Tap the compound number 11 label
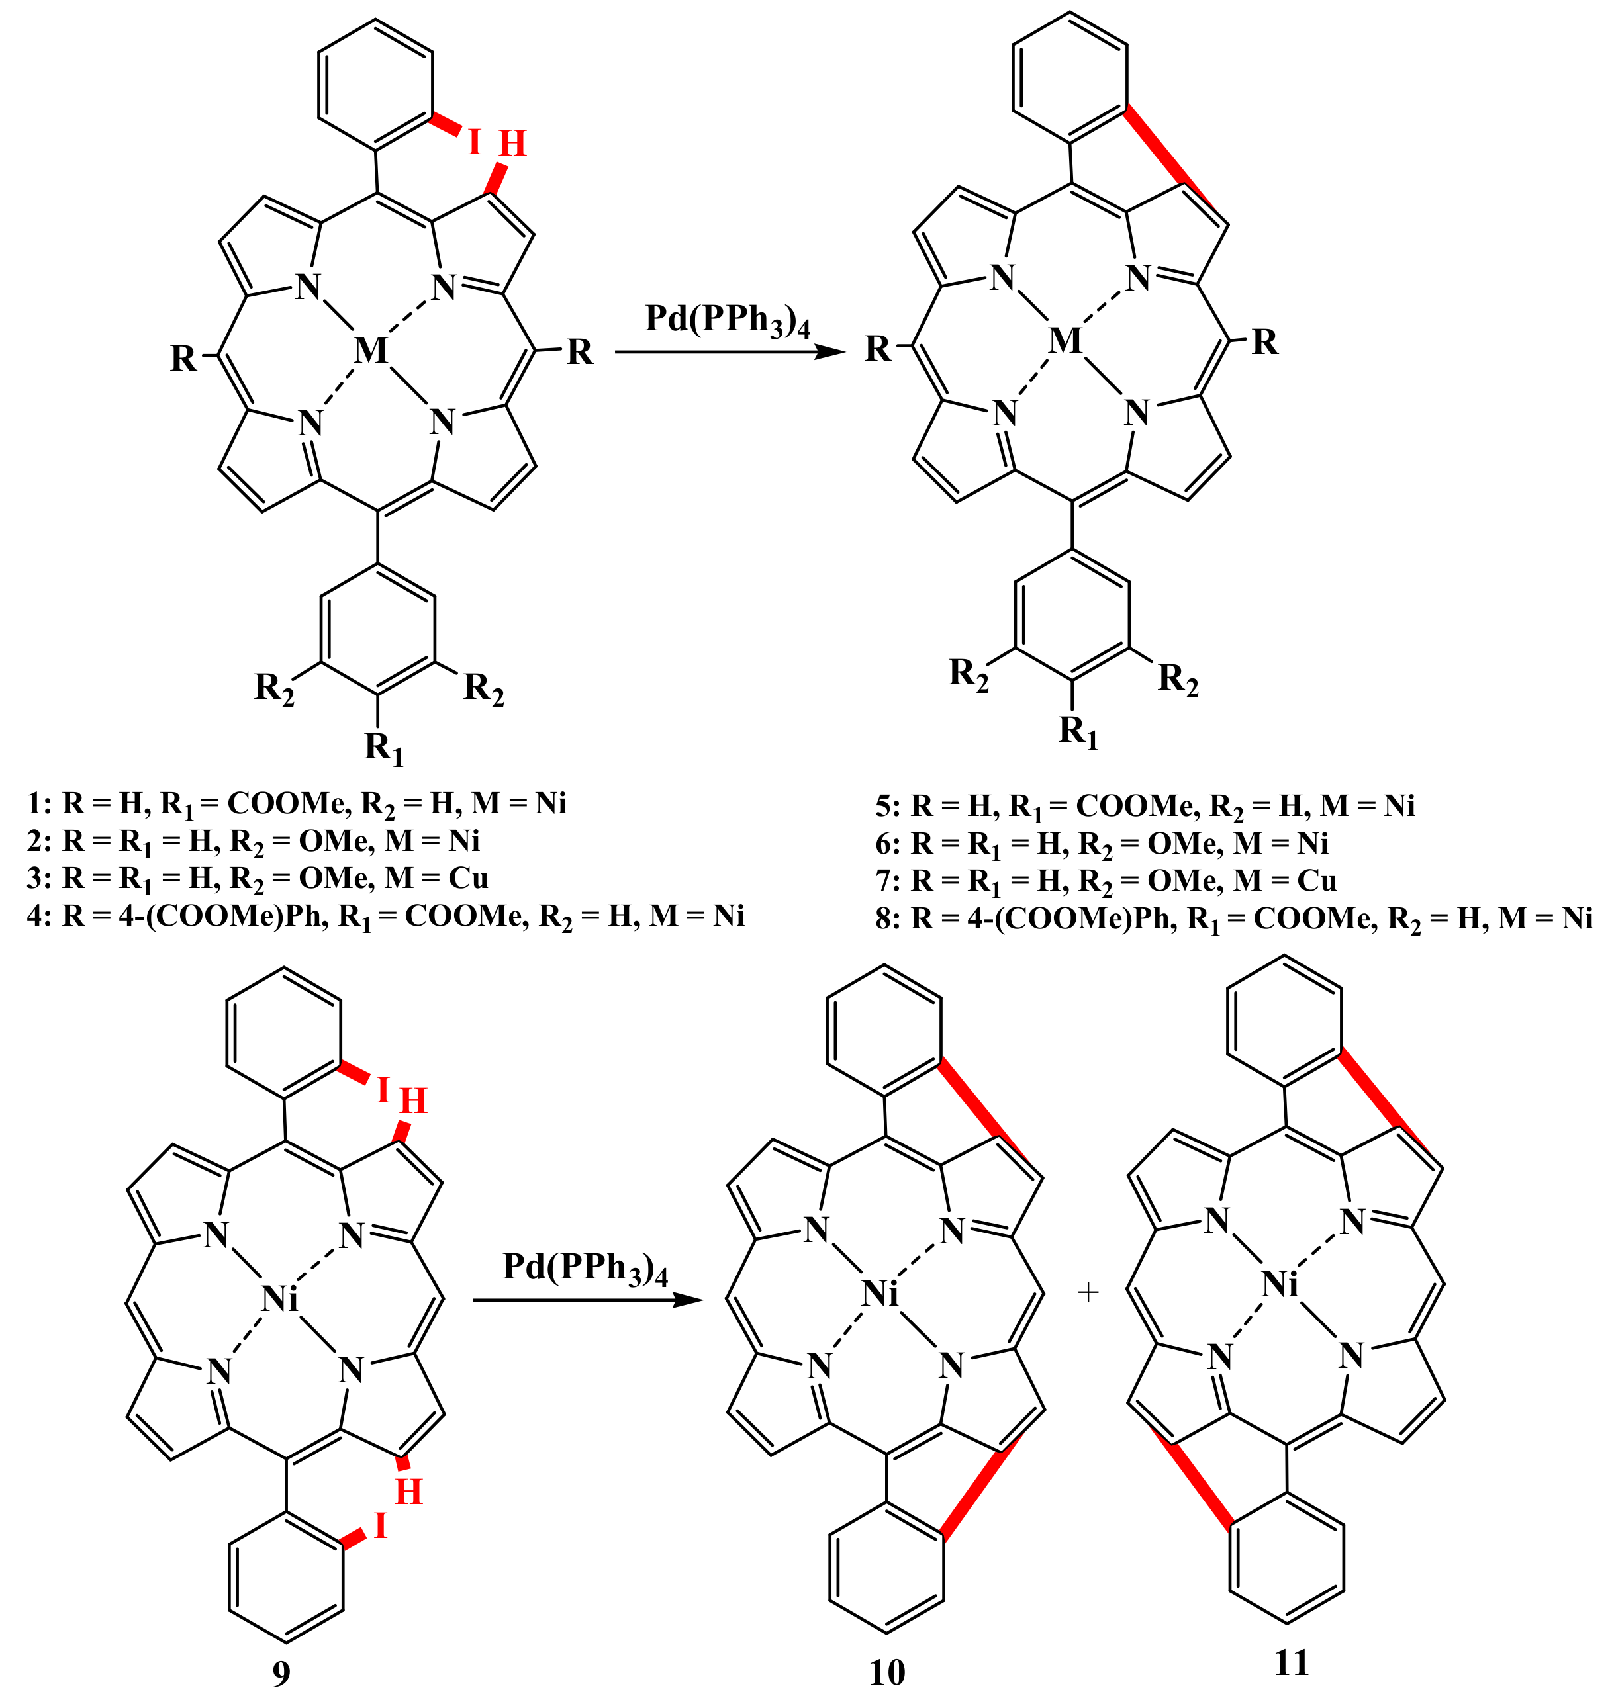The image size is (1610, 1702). [1292, 1662]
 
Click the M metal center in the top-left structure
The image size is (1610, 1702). [371, 350]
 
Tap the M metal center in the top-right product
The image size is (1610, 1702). [1066, 341]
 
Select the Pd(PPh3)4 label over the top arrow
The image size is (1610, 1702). [728, 321]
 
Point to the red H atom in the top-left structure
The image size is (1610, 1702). [512, 143]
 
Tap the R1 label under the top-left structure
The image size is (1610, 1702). [383, 748]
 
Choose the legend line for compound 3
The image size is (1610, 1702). [258, 878]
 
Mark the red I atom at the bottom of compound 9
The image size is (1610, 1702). [380, 1526]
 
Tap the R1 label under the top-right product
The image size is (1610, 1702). [1078, 731]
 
